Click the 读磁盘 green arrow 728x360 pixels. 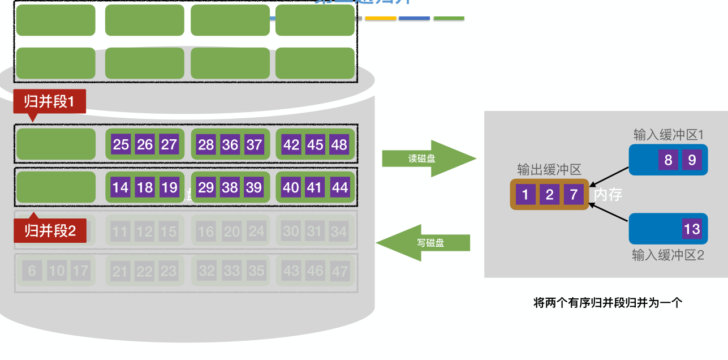click(428, 159)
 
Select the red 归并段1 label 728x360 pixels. click(50, 102)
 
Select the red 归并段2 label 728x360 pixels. click(50, 230)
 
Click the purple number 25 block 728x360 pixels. click(121, 144)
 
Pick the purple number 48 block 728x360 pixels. click(339, 144)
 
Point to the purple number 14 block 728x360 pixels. click(120, 187)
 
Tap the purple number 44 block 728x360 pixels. click(339, 187)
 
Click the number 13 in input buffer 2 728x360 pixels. click(692, 229)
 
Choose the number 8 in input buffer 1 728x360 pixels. click(668, 160)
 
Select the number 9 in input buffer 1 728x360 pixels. click(692, 160)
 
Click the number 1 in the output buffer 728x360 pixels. click(525, 195)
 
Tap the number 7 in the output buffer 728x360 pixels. click(574, 195)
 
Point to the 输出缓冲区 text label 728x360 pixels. click(549, 170)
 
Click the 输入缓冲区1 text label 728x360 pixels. click(668, 135)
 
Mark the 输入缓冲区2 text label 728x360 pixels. click(668, 255)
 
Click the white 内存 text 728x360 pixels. click(608, 195)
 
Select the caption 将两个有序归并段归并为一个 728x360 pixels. click(608, 302)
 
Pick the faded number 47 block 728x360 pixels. click(340, 271)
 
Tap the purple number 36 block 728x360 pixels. click(230, 144)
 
